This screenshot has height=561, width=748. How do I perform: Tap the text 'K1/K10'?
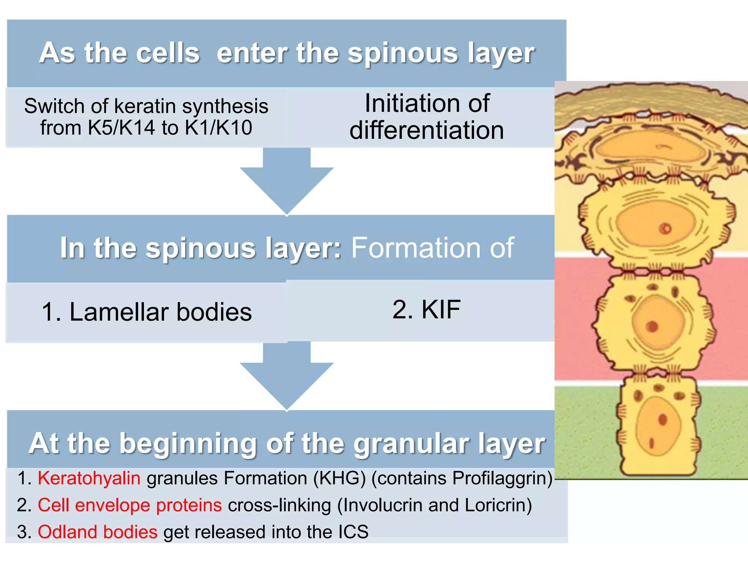click(218, 128)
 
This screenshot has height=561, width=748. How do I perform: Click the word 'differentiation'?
click(427, 131)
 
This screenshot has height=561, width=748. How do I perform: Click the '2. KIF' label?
click(427, 310)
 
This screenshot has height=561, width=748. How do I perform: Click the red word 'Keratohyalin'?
click(89, 478)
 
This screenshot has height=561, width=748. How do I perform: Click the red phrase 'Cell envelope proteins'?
click(130, 505)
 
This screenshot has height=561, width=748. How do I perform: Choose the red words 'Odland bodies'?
click(98, 532)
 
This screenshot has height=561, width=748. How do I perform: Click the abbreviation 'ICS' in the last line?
click(353, 532)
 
